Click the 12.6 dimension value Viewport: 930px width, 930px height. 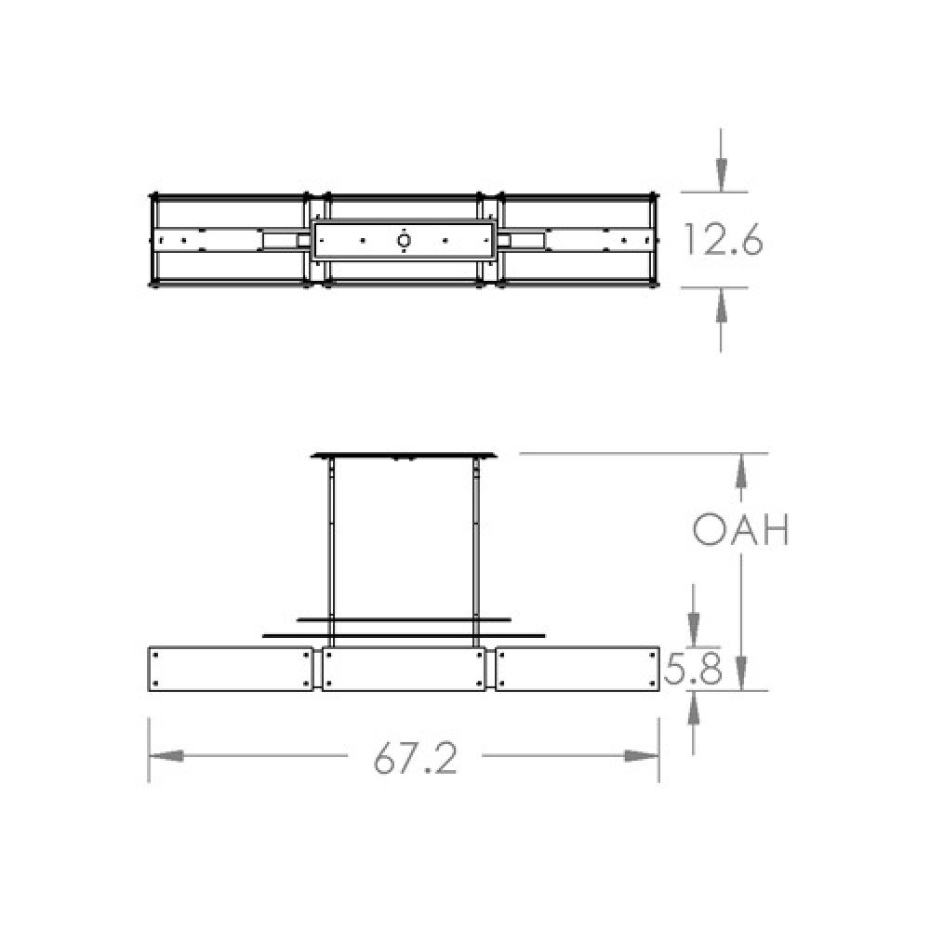[x=723, y=240]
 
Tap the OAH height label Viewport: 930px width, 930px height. [x=741, y=531]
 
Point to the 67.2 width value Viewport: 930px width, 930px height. [x=416, y=760]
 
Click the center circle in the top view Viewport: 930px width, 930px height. [x=404, y=241]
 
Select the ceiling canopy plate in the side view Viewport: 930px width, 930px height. [x=404, y=455]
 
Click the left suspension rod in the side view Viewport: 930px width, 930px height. [x=331, y=549]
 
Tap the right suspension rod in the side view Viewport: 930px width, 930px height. [x=476, y=549]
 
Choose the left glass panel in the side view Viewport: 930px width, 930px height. [x=231, y=669]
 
